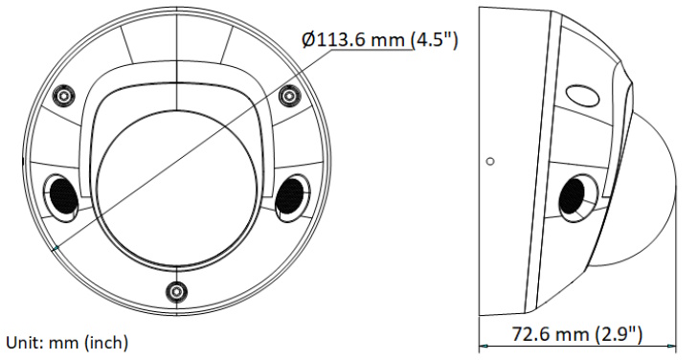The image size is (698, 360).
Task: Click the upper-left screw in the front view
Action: pyautogui.click(x=64, y=95)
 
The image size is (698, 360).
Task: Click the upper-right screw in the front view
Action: pyautogui.click(x=289, y=95)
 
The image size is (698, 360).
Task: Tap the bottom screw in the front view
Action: pyautogui.click(x=177, y=292)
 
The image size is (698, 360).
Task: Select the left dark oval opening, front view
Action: pyautogui.click(x=61, y=196)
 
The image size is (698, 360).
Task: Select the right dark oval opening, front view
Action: pyautogui.click(x=292, y=196)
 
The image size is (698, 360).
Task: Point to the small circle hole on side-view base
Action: pyautogui.click(x=490, y=161)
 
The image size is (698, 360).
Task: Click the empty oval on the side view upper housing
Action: pyautogui.click(x=582, y=95)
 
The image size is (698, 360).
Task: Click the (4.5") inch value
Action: pyautogui.click(x=434, y=40)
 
